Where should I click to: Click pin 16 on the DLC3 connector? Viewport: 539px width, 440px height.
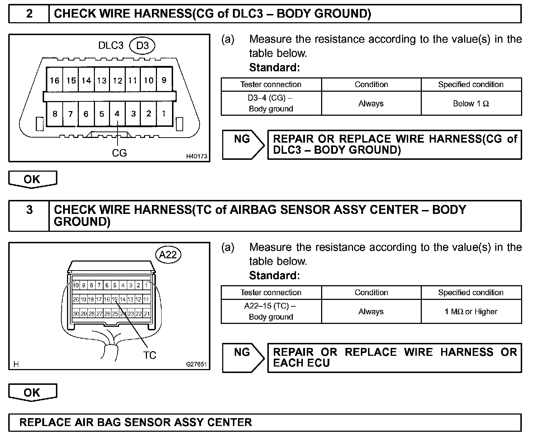pyautogui.click(x=54, y=80)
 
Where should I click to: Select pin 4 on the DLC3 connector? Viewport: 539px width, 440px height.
pyautogui.click(x=117, y=114)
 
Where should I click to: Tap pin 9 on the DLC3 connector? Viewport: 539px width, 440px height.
pyautogui.click(x=164, y=80)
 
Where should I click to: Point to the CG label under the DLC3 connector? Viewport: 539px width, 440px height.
pyautogui.click(x=119, y=153)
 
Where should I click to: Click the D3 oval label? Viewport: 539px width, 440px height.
pyautogui.click(x=143, y=46)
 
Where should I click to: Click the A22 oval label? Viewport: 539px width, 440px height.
pyautogui.click(x=168, y=254)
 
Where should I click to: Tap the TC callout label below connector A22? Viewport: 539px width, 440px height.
pyautogui.click(x=150, y=355)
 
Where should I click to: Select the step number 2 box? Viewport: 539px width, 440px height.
pyautogui.click(x=29, y=14)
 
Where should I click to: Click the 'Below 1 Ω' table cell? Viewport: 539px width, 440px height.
pyautogui.click(x=471, y=104)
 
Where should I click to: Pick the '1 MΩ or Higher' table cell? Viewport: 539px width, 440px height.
pyautogui.click(x=471, y=312)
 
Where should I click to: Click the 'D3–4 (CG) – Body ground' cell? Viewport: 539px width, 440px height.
pyautogui.click(x=271, y=104)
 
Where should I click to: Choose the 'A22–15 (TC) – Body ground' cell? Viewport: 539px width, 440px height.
pyautogui.click(x=271, y=312)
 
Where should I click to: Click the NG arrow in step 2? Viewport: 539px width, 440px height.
pyautogui.click(x=243, y=144)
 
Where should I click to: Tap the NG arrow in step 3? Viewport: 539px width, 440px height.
pyautogui.click(x=243, y=358)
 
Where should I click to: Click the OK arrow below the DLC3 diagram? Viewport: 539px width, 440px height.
pyautogui.click(x=32, y=179)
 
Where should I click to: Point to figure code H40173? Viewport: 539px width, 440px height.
pyautogui.click(x=196, y=157)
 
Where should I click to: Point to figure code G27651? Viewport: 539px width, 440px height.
pyautogui.click(x=196, y=364)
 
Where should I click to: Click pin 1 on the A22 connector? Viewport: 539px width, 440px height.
pyautogui.click(x=147, y=286)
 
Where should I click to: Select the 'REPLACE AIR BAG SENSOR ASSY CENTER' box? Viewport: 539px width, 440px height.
pyautogui.click(x=264, y=422)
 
